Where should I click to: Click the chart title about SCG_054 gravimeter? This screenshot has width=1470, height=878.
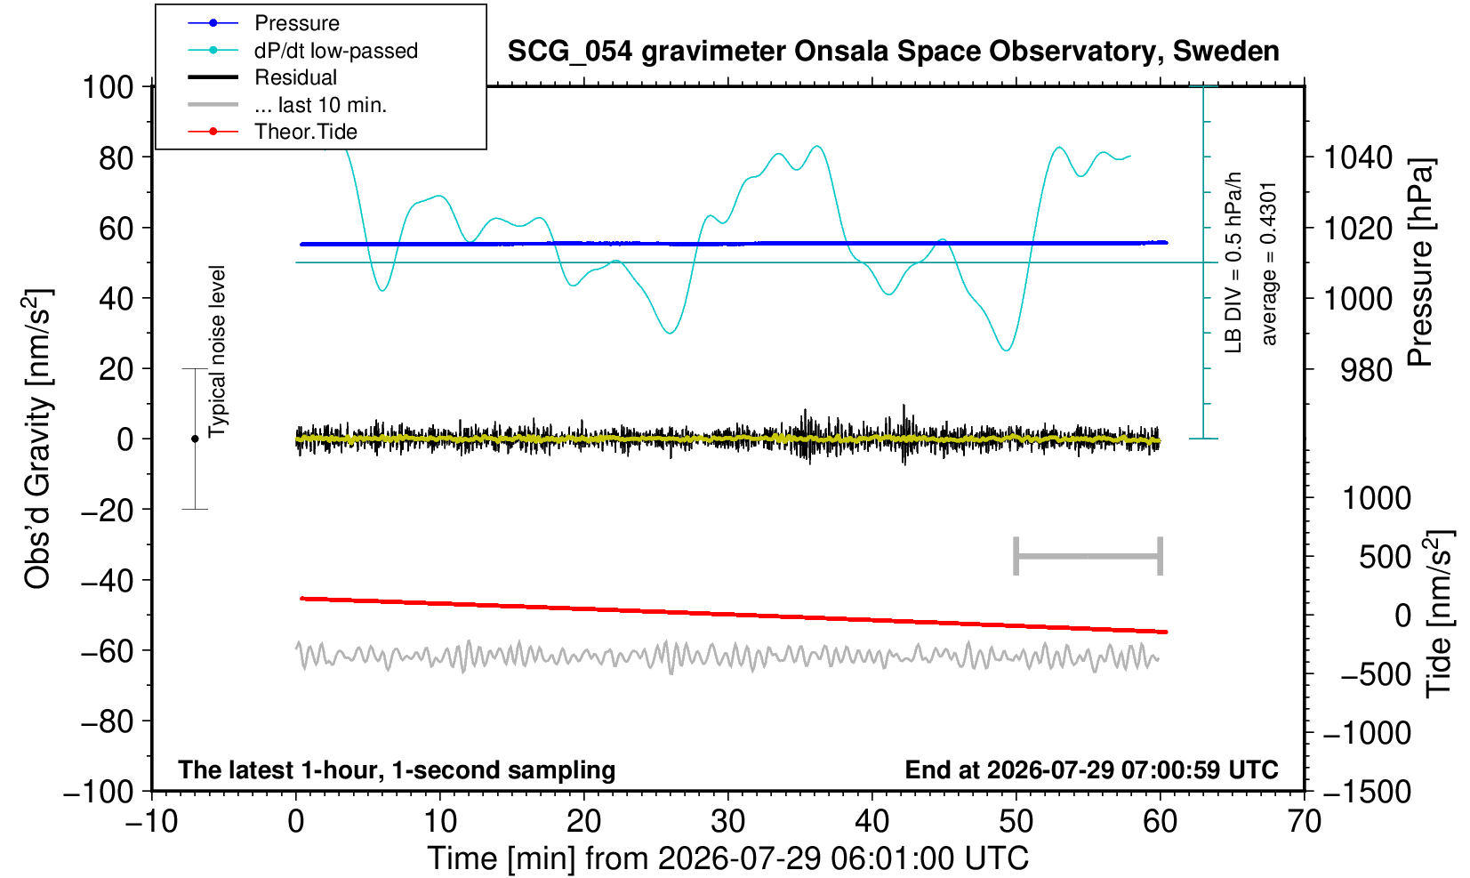coord(893,52)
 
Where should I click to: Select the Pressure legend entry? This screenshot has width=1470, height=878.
coord(263,23)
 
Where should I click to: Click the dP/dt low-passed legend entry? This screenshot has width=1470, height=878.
coord(302,51)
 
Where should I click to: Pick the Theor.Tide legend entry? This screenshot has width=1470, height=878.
coord(272,132)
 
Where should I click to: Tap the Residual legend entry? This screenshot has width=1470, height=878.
coord(262,77)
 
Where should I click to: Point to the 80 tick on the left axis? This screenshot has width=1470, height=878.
coord(116,157)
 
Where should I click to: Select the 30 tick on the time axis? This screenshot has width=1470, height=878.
coord(727,822)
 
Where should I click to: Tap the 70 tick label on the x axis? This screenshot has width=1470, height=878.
coord(1304,822)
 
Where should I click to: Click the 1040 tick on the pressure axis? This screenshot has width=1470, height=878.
coord(1358,157)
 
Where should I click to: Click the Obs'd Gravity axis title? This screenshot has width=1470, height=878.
coord(38,439)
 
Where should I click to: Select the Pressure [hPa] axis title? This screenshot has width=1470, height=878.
coord(1421,262)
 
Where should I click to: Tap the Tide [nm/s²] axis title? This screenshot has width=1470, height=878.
coord(1439,614)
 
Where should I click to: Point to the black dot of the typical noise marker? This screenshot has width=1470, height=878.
coord(195,439)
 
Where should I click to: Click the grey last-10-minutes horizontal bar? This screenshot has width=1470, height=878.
coord(1088,556)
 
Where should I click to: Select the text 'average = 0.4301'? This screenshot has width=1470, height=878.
coord(1269,264)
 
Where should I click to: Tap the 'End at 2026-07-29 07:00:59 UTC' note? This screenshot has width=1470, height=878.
coord(1091,769)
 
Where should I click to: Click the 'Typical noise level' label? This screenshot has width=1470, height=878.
coord(217,352)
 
